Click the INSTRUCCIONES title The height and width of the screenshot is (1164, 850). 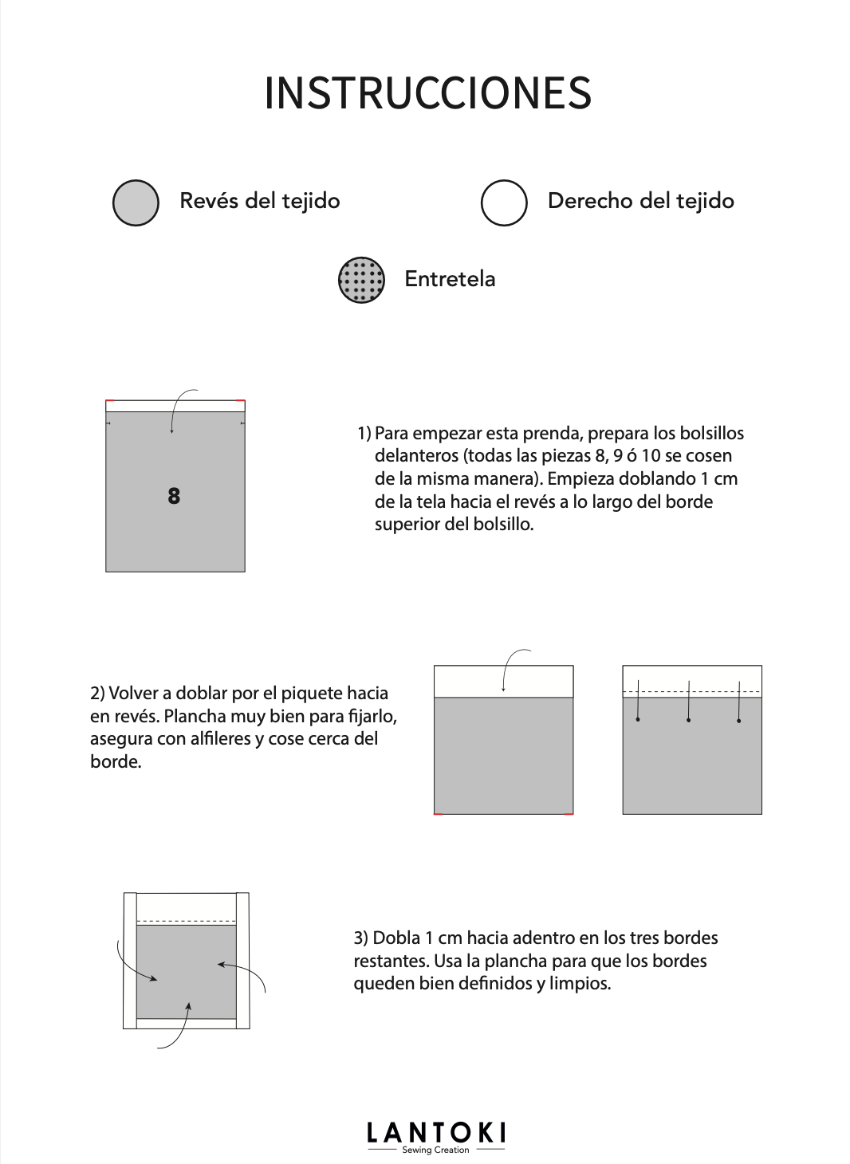pyautogui.click(x=427, y=93)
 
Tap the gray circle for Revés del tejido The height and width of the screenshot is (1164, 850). pyautogui.click(x=136, y=203)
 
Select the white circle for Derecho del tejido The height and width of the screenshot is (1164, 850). pyautogui.click(x=504, y=203)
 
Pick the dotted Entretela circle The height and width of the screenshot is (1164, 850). pyautogui.click(x=362, y=280)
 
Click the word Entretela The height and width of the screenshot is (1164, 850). pyautogui.click(x=450, y=279)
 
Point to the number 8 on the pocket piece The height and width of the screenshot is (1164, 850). pyautogui.click(x=174, y=496)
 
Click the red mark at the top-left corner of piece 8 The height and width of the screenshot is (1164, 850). pyautogui.click(x=109, y=400)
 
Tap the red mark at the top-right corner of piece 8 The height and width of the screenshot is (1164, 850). pyautogui.click(x=241, y=400)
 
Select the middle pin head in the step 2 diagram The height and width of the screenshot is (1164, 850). pyautogui.click(x=688, y=720)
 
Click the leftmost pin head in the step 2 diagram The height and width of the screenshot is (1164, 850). pyautogui.click(x=638, y=720)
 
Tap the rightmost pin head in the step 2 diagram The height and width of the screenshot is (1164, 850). pyautogui.click(x=739, y=721)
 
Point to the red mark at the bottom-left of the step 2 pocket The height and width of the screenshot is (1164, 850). pyautogui.click(x=438, y=814)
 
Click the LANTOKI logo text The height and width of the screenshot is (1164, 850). pyautogui.click(x=435, y=1134)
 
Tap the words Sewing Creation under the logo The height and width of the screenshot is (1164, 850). pyautogui.click(x=435, y=1150)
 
